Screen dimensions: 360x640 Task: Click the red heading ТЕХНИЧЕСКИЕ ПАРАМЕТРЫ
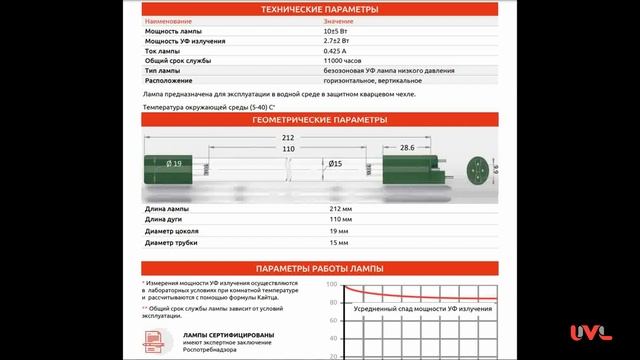[x=319, y=8]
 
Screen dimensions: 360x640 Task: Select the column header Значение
[x=338, y=21]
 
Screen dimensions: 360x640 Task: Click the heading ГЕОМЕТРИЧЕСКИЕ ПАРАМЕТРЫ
[x=319, y=118]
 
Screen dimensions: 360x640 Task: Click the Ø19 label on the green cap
[x=174, y=163]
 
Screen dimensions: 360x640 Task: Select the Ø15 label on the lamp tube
[x=336, y=163]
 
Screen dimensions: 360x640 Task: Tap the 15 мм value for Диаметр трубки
[x=338, y=242]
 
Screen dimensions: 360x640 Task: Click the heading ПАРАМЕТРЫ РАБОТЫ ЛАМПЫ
[x=319, y=270]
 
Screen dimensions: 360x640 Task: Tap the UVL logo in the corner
[x=590, y=333]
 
